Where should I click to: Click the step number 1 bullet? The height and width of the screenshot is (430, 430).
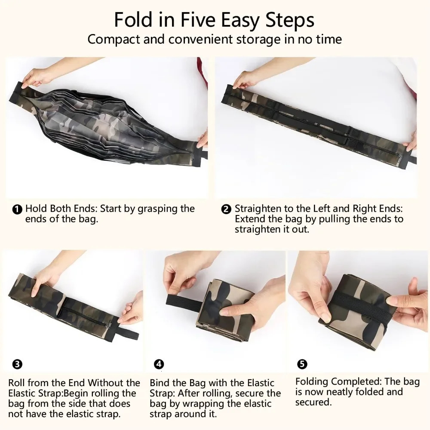point(17,210)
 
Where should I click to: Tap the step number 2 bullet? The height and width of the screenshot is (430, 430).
point(226,210)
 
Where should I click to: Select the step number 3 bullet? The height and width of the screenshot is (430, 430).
point(17,364)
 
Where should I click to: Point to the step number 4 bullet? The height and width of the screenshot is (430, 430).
point(159,364)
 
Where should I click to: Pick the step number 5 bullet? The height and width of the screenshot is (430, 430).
point(302,364)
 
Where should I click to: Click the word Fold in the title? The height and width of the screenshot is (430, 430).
point(133,20)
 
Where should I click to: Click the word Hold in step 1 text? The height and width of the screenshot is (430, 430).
point(36,209)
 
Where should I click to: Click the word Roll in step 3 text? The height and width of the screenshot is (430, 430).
point(16,383)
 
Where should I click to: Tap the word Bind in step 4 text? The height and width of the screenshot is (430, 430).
point(159,383)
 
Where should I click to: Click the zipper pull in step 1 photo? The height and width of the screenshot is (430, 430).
point(191,157)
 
